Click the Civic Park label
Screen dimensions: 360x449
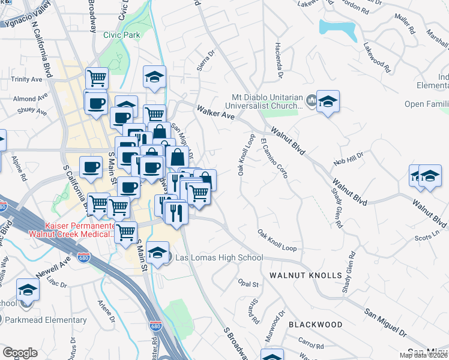pos(121,35)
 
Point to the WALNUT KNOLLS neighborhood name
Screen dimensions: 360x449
pos(306,275)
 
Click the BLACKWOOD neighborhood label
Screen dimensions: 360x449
pos(315,325)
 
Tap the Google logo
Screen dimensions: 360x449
pos(20,352)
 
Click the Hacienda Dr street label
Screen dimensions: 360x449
pos(278,64)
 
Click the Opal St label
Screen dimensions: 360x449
pos(247,283)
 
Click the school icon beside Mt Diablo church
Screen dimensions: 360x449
pos(328,101)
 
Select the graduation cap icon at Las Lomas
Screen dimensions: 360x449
pos(158,252)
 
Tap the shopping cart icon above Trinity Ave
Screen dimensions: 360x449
pos(96,77)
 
